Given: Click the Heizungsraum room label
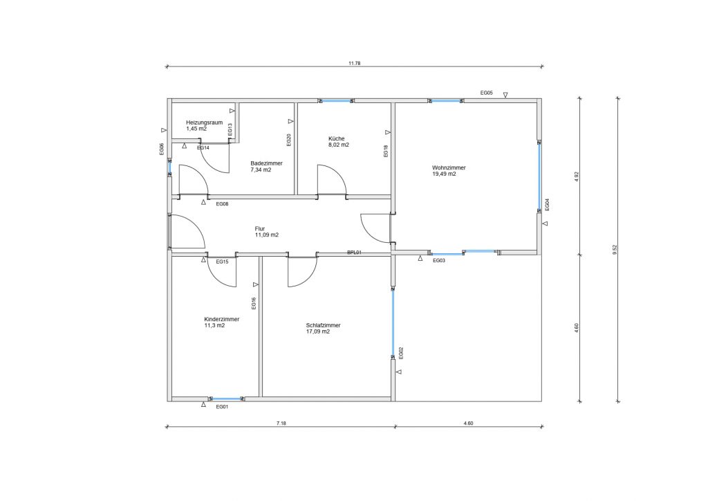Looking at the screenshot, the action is (204, 122).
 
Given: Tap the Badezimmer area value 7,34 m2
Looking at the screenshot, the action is (261, 170).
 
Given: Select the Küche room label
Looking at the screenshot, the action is (337, 138).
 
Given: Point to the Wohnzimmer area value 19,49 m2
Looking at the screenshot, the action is (444, 174).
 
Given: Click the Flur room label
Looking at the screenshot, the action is (260, 229).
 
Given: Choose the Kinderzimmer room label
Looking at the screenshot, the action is (222, 320).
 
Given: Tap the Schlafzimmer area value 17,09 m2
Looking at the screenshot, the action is (318, 331).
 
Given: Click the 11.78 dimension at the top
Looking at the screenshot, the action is (355, 64).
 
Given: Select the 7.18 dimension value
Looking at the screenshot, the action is (281, 423).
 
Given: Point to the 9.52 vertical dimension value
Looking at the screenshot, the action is (615, 250).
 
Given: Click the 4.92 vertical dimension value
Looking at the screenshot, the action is (577, 176).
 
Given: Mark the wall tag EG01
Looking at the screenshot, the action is (222, 407).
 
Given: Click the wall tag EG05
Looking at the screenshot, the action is (486, 93).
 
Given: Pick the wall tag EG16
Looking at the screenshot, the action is (254, 302).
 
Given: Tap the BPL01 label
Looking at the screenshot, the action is (354, 253).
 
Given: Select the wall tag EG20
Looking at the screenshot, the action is (289, 140).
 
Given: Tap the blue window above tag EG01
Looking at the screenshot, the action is (226, 399).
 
